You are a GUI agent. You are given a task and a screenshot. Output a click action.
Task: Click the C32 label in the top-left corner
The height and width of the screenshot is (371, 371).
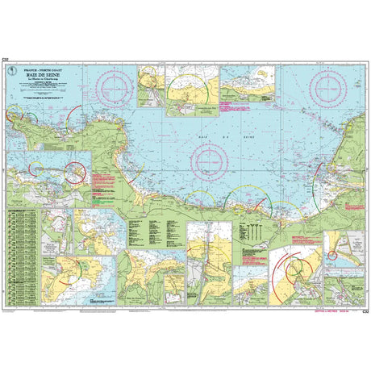[x=6, y=60]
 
